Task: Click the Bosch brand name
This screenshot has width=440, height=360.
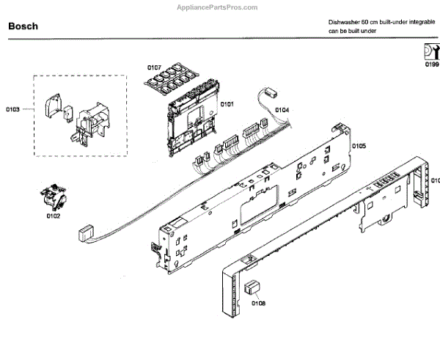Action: tap(23, 26)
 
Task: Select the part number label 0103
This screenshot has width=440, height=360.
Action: tap(13, 109)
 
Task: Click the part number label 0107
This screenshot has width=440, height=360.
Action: tap(154, 67)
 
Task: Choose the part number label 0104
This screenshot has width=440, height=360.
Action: tap(282, 110)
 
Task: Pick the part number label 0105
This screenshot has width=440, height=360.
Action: tap(359, 146)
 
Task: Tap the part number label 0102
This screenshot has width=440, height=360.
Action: tap(54, 216)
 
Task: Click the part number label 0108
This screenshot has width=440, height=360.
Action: tap(258, 302)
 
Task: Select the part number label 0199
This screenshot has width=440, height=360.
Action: tap(430, 64)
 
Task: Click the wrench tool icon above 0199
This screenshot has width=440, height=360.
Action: tap(430, 51)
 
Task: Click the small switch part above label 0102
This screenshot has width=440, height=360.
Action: tap(53, 196)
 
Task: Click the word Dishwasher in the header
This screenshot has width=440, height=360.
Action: tap(344, 23)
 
